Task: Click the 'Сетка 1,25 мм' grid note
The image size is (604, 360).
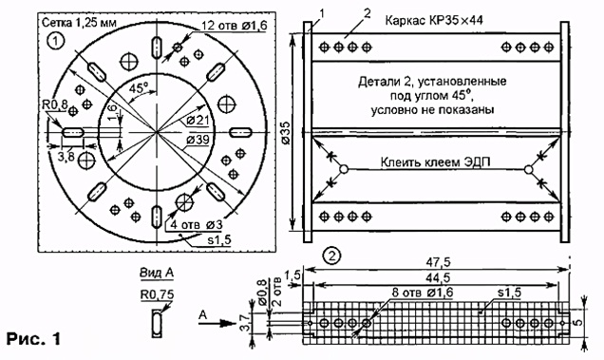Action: [x=79, y=23]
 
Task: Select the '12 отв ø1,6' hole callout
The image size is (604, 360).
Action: [x=234, y=26]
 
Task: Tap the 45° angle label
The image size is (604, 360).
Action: [x=139, y=87]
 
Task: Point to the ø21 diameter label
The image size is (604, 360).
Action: [x=198, y=121]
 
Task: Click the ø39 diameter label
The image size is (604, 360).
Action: [x=198, y=140]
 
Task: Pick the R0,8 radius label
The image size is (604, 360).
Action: [x=55, y=104]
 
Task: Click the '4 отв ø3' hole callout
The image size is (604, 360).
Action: [x=196, y=224]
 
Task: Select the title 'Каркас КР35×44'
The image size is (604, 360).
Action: [x=434, y=20]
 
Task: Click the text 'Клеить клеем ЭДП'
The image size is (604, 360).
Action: [x=435, y=162]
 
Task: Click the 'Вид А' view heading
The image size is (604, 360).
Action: [x=157, y=273]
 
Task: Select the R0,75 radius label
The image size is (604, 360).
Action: [x=157, y=294]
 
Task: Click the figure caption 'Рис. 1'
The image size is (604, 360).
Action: [x=33, y=339]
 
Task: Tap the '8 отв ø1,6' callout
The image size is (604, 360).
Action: [x=423, y=293]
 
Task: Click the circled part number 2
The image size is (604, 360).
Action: [x=331, y=256]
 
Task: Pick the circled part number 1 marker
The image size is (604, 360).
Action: [x=55, y=41]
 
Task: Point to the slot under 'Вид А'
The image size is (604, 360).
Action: [x=157, y=323]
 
